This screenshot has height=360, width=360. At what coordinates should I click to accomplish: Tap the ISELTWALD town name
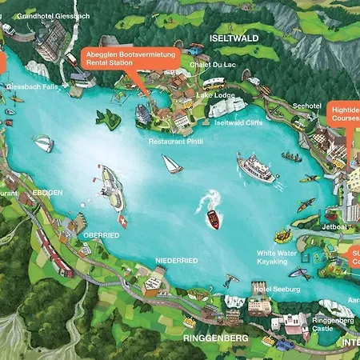[232, 38]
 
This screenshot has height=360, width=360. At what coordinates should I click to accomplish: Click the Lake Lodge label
[215, 95]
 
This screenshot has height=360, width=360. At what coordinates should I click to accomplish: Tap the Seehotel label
[306, 105]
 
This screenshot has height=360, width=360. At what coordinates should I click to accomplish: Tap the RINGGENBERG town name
[215, 338]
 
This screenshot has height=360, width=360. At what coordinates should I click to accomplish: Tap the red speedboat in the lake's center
[213, 220]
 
